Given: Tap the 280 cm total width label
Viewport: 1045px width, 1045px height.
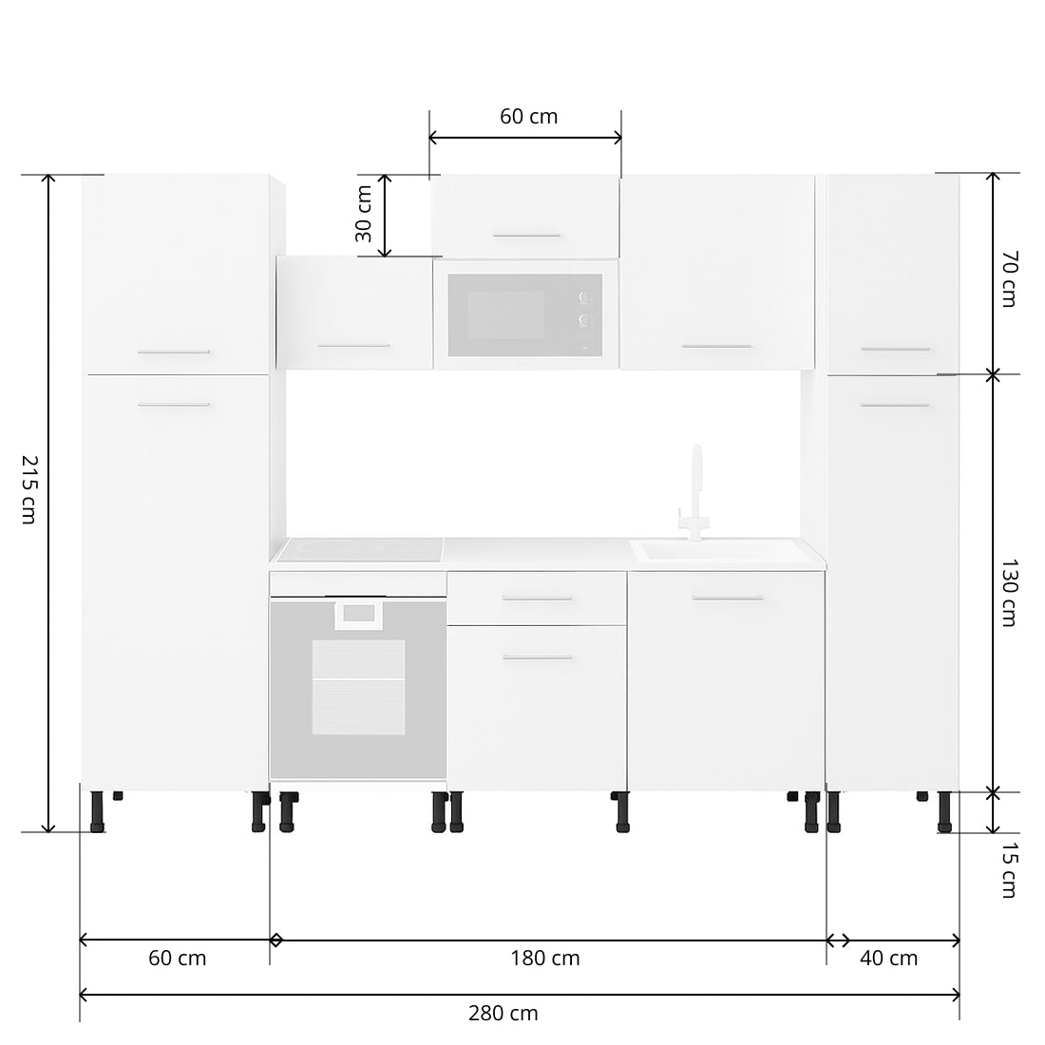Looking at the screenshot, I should pos(503,1013).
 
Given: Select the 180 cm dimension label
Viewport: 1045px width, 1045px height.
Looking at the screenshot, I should pos(544,958).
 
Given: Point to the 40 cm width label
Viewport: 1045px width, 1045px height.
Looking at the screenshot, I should pos(888,958).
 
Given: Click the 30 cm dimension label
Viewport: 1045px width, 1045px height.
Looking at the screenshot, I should pos(363,215).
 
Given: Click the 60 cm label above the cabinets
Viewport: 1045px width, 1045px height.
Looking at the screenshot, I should pos(528,117).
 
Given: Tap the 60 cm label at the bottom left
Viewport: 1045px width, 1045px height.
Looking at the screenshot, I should pos(177,958).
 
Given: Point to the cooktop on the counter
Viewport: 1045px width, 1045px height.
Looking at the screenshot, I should pos(360,548).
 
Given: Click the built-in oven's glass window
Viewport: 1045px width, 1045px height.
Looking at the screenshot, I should pos(359,686).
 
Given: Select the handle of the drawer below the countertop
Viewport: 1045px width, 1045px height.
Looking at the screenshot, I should pos(537,598).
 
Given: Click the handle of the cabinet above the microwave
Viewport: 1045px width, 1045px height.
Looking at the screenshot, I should pos(525,235).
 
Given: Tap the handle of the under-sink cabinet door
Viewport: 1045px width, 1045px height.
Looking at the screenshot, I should pos(727,598).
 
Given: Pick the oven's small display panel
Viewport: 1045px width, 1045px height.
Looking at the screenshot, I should pos(358,615).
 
